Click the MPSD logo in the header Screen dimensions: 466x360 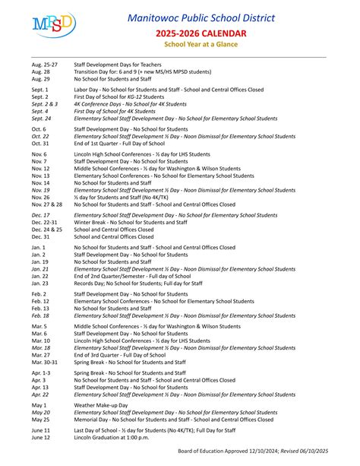tap(54, 25)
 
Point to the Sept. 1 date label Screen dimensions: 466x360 tap(39, 90)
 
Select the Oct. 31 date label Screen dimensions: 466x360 tap(39, 143)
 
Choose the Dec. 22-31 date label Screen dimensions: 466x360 tap(45, 223)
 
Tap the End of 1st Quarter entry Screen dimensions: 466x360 tap(118, 143)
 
